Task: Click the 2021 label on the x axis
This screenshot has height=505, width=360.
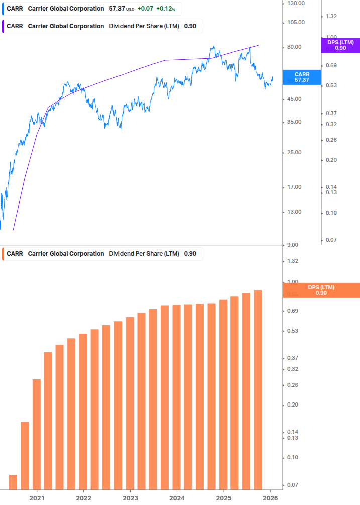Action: click(37, 498)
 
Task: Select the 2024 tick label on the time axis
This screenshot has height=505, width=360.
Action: click(177, 498)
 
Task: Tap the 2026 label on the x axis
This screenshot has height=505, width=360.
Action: click(270, 498)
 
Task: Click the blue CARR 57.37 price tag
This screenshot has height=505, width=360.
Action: click(302, 77)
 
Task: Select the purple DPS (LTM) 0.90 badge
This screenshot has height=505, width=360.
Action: click(340, 45)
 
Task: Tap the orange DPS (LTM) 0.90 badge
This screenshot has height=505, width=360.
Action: click(321, 290)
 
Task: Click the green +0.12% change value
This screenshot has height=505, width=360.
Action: click(165, 9)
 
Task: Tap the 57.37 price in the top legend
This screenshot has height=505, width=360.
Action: click(117, 9)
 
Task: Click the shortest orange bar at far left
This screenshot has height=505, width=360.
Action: click(13, 482)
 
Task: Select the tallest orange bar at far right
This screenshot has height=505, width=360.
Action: click(258, 390)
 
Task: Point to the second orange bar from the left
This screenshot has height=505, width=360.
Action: click(25, 456)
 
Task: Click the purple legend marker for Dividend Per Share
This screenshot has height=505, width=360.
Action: click(3, 26)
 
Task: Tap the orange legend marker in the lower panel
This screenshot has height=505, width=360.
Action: click(3, 254)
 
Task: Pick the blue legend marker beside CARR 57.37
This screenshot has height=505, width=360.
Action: click(3, 9)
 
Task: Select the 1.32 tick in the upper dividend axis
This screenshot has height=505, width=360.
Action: click(331, 17)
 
